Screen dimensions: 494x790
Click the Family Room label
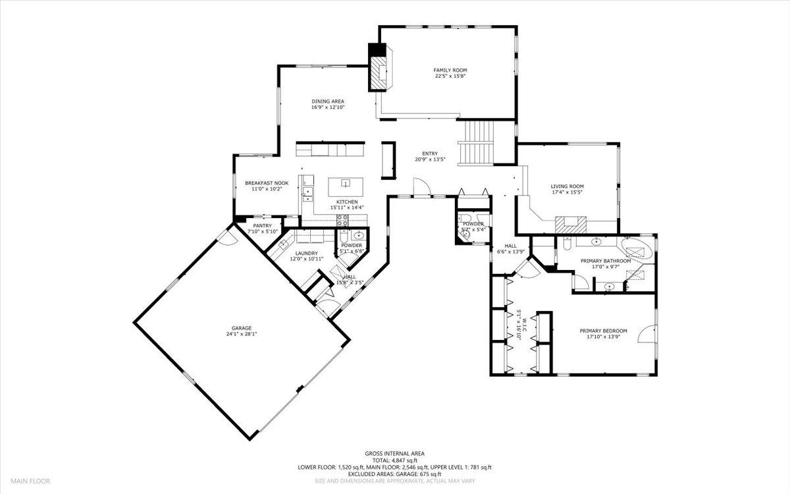[450, 70]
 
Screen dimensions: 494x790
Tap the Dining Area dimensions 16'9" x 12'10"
[328, 107]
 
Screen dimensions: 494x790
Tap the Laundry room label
[306, 253]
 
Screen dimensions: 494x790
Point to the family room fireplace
[380, 72]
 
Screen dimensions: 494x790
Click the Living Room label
[567, 186]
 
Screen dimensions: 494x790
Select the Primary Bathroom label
[605, 261]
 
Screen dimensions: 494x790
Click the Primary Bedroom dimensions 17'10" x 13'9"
[603, 337]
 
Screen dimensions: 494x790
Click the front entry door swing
[421, 188]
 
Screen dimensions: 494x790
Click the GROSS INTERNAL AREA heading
[395, 453]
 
